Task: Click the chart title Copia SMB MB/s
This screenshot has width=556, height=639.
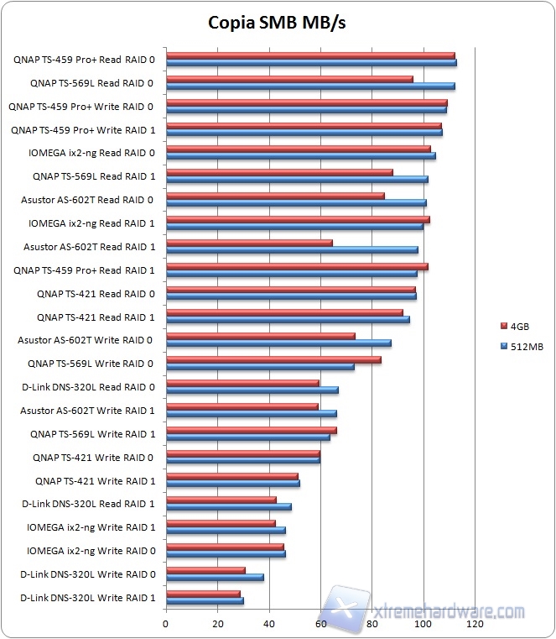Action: (277, 23)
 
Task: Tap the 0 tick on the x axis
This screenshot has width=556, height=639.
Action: (166, 625)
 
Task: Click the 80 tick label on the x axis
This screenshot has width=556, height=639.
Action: (372, 625)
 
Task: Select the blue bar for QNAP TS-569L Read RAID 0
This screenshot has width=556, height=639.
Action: (310, 86)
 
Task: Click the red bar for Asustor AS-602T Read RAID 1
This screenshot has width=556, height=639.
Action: (249, 243)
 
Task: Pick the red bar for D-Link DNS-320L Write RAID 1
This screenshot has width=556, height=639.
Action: (203, 594)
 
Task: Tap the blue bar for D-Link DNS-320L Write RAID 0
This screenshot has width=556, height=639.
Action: (215, 577)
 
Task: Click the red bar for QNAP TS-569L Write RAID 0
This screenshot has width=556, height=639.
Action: (273, 359)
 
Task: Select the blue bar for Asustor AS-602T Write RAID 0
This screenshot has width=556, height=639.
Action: (278, 343)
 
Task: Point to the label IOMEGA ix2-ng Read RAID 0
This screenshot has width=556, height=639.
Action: (91, 153)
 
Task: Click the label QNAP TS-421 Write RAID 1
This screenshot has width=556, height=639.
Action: (95, 481)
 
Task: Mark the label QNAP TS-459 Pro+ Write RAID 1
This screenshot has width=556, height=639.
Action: (82, 130)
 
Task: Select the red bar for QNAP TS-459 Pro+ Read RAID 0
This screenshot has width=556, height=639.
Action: (310, 55)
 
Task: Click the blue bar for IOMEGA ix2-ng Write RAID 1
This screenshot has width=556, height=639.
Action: (226, 530)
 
